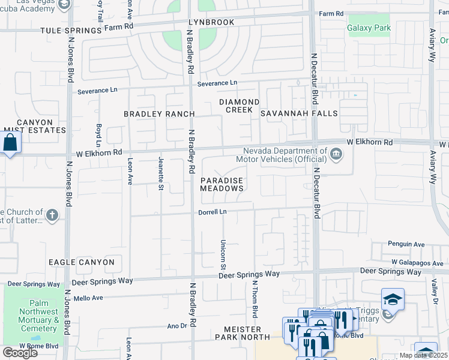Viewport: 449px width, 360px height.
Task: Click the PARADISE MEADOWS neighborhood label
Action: (221, 184)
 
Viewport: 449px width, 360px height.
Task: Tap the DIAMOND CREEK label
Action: (239, 106)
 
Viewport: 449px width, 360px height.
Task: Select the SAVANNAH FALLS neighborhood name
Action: (299, 113)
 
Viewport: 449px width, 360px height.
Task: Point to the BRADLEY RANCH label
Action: (159, 114)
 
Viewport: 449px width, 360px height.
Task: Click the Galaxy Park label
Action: (369, 28)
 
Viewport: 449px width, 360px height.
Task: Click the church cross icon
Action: (52, 215)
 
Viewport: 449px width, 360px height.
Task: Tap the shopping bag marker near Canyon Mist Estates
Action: (10, 143)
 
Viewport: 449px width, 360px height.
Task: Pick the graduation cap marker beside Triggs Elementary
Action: (393, 299)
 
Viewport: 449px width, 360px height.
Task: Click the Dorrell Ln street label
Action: (213, 212)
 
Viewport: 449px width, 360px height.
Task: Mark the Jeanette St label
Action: (160, 178)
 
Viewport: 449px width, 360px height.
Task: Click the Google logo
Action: (20, 353)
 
